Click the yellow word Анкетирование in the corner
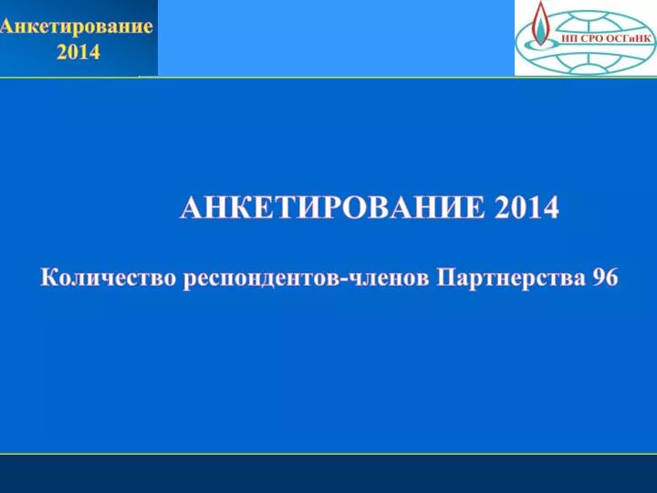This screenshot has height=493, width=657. [x=77, y=26]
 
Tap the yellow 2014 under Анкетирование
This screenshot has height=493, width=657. [x=78, y=52]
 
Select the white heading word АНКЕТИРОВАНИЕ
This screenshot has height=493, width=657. [x=332, y=207]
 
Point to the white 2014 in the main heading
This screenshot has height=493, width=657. [x=527, y=207]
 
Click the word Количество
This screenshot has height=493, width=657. [x=108, y=278]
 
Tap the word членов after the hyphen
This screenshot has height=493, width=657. [x=388, y=278]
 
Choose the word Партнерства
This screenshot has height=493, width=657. [x=510, y=279]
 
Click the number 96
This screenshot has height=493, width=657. [x=605, y=278]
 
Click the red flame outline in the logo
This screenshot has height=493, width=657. [x=540, y=22]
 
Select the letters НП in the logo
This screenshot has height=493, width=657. [x=569, y=39]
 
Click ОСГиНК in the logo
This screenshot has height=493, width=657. [x=628, y=39]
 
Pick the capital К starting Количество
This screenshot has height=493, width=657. [x=48, y=278]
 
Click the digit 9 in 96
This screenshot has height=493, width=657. [x=599, y=278]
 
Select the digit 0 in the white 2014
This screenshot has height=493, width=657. [x=518, y=207]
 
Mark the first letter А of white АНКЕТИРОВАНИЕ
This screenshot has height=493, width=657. [x=191, y=207]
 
